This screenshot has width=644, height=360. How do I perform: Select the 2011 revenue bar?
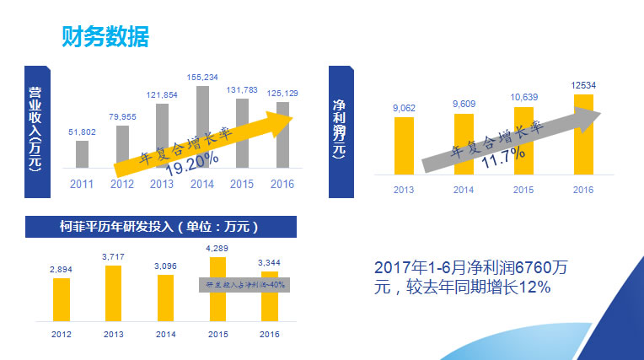(x=82, y=154)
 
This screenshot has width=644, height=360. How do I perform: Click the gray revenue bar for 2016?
(x=282, y=135)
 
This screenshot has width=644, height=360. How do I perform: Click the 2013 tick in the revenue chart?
(x=163, y=183)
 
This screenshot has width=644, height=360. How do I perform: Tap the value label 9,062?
(x=404, y=107)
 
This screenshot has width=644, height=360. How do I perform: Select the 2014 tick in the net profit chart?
(x=464, y=190)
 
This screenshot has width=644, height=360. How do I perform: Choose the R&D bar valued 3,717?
(x=113, y=293)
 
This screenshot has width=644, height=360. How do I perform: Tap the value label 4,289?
(x=217, y=247)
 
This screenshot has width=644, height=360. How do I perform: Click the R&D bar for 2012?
(x=61, y=299)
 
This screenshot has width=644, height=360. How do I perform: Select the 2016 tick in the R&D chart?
(x=269, y=335)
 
